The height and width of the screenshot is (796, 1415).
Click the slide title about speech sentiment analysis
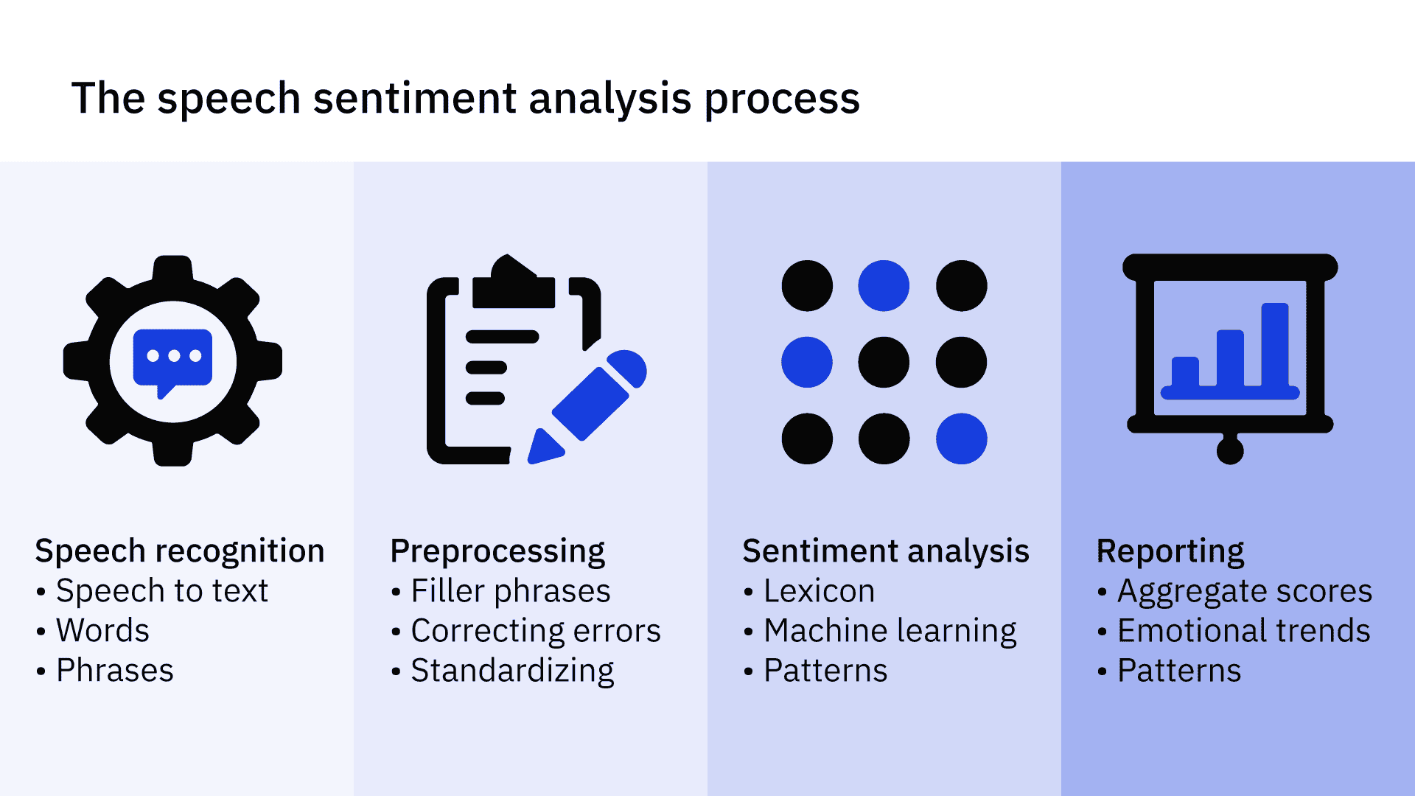[465, 98]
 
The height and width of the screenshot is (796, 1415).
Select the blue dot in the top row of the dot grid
[884, 286]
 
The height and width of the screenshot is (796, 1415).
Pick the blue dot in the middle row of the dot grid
[807, 363]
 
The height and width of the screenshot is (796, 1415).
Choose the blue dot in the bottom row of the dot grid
[961, 439]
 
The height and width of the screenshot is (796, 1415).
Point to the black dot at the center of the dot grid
[884, 363]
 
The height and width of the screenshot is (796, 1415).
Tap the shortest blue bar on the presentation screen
[1185, 372]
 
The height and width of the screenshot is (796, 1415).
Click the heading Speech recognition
[180, 551]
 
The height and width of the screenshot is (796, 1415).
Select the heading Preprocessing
[497, 551]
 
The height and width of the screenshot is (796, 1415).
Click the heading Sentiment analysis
[886, 551]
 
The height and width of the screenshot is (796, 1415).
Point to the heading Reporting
[1170, 551]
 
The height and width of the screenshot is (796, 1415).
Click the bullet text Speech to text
[162, 591]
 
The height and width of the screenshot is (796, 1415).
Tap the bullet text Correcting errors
[536, 631]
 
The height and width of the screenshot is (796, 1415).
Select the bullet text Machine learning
[890, 631]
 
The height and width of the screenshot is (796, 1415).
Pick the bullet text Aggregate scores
[1245, 591]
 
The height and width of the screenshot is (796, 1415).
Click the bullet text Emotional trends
[1244, 631]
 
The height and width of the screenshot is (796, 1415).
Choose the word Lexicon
[820, 591]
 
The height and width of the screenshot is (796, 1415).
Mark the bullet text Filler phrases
[511, 591]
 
